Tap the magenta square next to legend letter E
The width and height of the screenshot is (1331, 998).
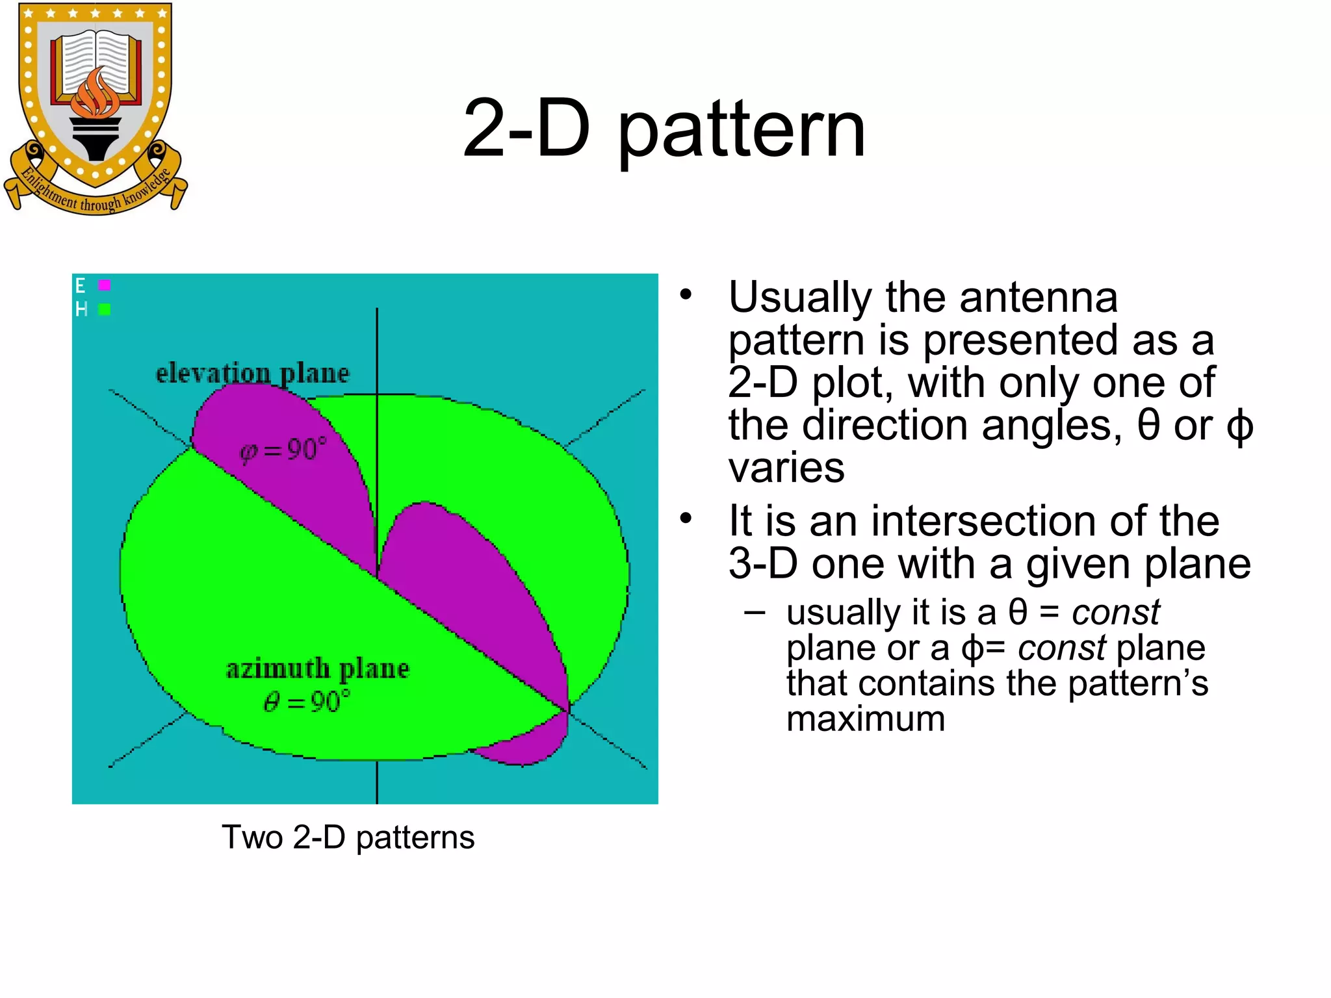coord(104,285)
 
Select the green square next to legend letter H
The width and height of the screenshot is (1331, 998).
coord(104,309)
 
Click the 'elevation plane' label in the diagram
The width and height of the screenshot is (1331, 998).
coord(252,373)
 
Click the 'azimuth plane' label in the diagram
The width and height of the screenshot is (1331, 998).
coord(317,669)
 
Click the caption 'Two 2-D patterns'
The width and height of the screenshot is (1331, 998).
coord(348,837)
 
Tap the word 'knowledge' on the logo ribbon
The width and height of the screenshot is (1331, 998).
coord(148,189)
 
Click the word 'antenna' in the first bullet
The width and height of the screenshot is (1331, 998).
coord(1038,297)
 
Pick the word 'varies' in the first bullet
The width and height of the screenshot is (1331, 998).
coord(786,468)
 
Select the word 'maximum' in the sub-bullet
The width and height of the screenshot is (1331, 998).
coord(865,719)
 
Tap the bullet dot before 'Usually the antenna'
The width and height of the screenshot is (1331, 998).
coord(686,295)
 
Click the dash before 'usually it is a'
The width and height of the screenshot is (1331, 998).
coord(755,612)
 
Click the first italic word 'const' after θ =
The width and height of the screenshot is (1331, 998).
coord(1115,612)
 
